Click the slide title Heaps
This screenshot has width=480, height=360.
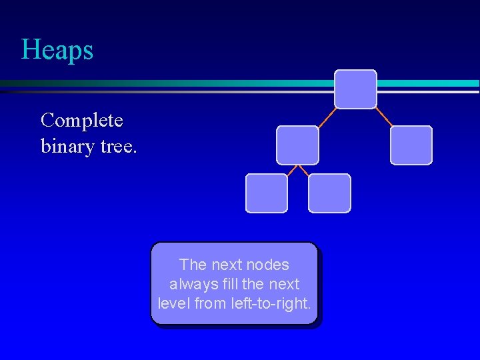coord(57,50)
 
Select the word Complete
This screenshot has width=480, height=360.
coord(81,120)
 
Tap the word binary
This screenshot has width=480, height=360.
coord(67,145)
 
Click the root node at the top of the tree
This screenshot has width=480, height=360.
coord(355,89)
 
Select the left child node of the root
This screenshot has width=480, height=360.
coord(297,145)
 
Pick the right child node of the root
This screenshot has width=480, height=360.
coord(411,145)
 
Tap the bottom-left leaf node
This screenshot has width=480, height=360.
coord(267,193)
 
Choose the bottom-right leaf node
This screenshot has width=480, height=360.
coord(329,193)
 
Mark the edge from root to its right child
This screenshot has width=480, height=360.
coord(384,117)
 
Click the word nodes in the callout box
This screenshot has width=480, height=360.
coord(268,265)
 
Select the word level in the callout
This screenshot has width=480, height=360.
coord(173,303)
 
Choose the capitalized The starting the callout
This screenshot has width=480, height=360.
coord(193,265)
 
